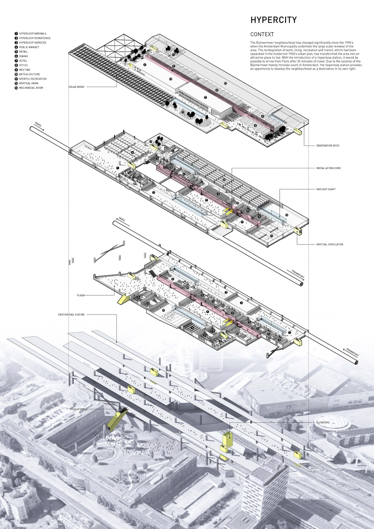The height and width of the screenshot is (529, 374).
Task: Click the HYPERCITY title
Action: coord(273,20)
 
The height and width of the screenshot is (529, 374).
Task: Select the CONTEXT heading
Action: coord(262,34)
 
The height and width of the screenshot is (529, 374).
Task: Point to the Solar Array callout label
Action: coord(77,87)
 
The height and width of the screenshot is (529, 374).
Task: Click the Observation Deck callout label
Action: coord(328,146)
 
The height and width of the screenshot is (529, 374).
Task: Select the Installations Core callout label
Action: coord(328,168)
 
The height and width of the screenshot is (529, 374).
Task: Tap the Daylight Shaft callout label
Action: coord(326,189)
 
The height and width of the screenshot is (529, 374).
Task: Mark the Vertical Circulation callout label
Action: coord(330,244)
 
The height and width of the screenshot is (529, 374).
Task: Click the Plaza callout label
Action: coord(81,295)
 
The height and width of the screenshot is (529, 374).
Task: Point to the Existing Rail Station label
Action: coord(71,315)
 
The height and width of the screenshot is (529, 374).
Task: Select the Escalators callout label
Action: coord(77,409)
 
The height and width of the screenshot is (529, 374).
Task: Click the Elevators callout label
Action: coord(323,423)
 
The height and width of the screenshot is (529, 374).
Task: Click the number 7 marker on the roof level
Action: coord(205,97)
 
